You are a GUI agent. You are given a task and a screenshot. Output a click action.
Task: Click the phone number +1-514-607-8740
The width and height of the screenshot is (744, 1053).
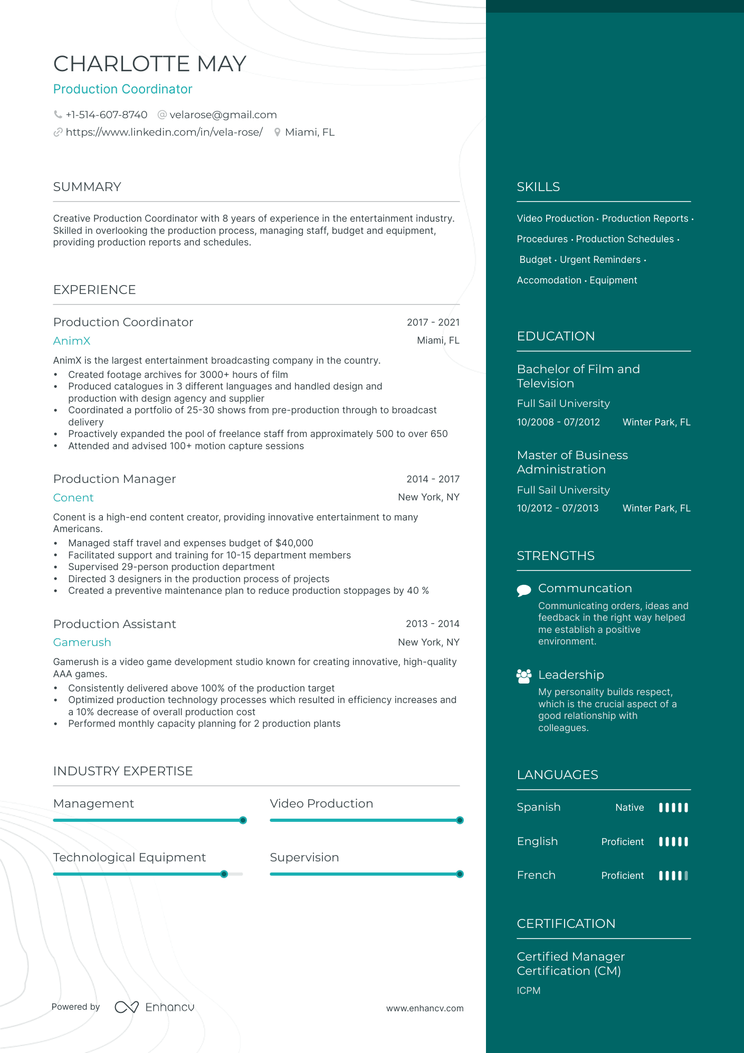click(x=106, y=115)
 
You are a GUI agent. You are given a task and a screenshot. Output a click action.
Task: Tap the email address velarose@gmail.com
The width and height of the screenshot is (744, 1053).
click(x=223, y=115)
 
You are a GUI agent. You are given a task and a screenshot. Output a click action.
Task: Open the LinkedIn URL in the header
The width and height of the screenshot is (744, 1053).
click(x=164, y=132)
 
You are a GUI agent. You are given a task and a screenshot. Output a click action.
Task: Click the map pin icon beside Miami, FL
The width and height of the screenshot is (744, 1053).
click(x=277, y=132)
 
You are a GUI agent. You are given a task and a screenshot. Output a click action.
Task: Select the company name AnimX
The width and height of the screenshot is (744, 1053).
click(x=72, y=341)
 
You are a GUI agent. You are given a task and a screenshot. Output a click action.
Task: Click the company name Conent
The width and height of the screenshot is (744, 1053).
click(x=73, y=498)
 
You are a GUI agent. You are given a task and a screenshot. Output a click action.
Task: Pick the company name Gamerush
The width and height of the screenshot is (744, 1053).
click(x=82, y=642)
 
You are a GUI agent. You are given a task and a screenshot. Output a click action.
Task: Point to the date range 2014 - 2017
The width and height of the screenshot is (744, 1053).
click(x=433, y=479)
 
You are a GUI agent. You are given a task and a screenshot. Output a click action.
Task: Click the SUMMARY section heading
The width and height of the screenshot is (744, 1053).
click(x=87, y=187)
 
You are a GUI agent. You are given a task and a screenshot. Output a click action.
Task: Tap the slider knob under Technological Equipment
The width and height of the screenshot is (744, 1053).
click(x=224, y=874)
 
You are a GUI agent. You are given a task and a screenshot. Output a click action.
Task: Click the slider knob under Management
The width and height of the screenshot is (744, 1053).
click(x=243, y=820)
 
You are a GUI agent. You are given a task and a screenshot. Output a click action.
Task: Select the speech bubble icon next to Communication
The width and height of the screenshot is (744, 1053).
click(x=524, y=590)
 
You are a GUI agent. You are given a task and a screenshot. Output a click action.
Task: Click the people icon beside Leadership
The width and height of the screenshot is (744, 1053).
click(x=524, y=676)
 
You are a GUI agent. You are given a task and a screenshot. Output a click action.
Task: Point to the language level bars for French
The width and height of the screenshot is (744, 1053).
click(x=673, y=876)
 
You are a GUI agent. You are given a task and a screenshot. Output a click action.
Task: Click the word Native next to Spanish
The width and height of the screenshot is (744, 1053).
click(x=629, y=808)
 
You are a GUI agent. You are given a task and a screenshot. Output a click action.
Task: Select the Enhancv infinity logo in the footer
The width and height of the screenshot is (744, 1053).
click(x=127, y=1007)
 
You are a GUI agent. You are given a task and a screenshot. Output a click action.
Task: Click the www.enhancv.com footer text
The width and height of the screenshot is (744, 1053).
click(x=425, y=1008)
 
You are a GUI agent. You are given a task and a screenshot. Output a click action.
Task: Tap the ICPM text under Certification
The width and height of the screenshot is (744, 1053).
click(x=529, y=991)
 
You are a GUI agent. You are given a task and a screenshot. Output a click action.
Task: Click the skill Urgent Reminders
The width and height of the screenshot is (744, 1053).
click(x=600, y=260)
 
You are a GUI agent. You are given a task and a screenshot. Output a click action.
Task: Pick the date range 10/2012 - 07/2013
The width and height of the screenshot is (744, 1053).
click(x=558, y=508)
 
